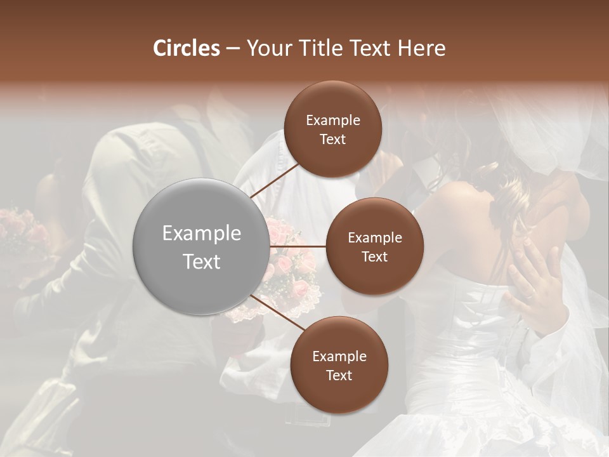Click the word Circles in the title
[186, 48]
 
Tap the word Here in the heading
[421, 48]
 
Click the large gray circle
[202, 247]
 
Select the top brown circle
[332, 129]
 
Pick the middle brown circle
[374, 246]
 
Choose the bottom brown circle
[339, 365]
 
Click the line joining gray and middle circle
[298, 246]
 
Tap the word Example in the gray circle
[202, 234]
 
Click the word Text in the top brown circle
[332, 139]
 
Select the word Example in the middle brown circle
[374, 237]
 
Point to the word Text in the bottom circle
[339, 375]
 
